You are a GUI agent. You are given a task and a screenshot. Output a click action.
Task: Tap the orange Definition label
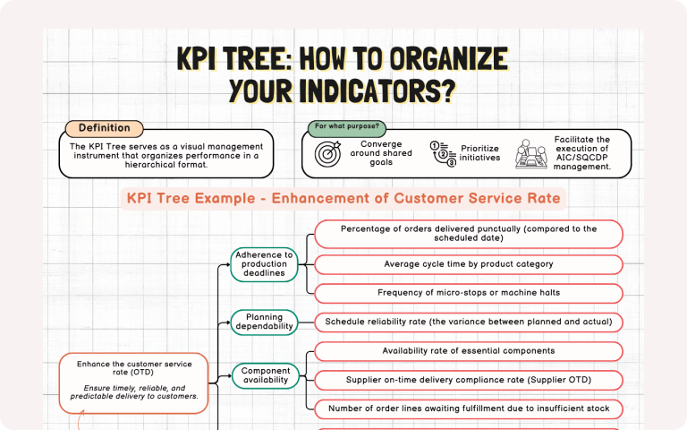click(x=104, y=128)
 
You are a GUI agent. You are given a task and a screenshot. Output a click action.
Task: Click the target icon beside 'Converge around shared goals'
click(x=328, y=154)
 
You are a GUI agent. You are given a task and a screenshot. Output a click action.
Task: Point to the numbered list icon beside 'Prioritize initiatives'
click(x=443, y=154)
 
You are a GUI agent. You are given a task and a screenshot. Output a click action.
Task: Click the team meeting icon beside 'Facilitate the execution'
click(x=530, y=154)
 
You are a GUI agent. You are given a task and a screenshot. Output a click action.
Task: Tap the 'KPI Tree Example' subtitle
click(x=343, y=198)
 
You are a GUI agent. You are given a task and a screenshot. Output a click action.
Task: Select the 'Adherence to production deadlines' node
click(x=264, y=264)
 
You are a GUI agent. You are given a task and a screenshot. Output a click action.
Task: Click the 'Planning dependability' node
click(x=264, y=322)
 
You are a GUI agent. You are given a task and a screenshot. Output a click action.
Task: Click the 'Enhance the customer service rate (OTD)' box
click(x=134, y=381)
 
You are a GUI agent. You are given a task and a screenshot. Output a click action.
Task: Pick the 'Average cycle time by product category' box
click(x=469, y=264)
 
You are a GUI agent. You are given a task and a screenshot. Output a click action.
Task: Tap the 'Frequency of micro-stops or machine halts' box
click(x=469, y=292)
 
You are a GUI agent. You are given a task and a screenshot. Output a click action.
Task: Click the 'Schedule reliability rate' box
click(x=469, y=322)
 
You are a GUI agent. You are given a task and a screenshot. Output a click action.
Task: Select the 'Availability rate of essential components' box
click(x=469, y=351)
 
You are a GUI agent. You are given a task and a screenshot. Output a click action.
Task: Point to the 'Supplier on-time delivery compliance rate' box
click(x=469, y=380)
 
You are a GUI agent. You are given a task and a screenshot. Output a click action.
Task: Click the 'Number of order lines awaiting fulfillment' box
click(x=469, y=408)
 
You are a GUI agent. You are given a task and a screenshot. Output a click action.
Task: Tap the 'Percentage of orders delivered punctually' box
click(x=469, y=234)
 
